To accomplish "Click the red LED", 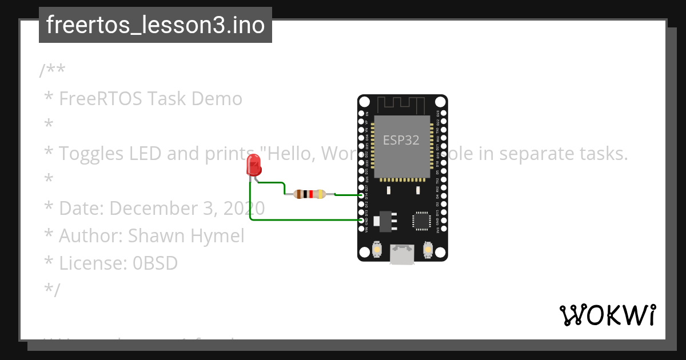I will pyautogui.click(x=253, y=166).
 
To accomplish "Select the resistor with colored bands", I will pyautogui.click(x=309, y=194).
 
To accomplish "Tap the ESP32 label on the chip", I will pyautogui.click(x=401, y=141).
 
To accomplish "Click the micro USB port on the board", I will pyautogui.click(x=402, y=254).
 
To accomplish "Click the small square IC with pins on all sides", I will pyautogui.click(x=422, y=220).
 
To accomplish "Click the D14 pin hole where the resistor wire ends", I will pyautogui.click(x=361, y=195).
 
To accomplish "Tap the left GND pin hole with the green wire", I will pyautogui.click(x=361, y=220).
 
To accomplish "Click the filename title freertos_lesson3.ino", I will pyautogui.click(x=155, y=25).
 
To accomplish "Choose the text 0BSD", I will pyautogui.click(x=155, y=263).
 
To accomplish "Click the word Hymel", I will pyautogui.click(x=220, y=235).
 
